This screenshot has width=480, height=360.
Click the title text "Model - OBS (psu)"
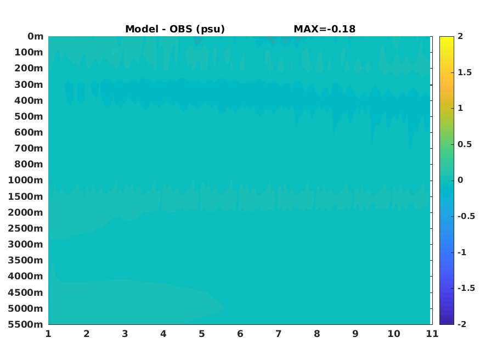pos(175,29)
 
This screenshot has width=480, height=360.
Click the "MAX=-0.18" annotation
pos(325,29)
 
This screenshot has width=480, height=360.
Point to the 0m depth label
pos(36,36)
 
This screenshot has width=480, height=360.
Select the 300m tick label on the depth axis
pos(29,85)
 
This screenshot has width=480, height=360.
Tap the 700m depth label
pos(29,148)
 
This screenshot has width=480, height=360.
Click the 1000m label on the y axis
pos(26,180)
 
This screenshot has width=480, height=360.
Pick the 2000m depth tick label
pos(26,212)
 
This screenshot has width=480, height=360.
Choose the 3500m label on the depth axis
pos(26,260)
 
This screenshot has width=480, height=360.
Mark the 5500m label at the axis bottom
pos(26,324)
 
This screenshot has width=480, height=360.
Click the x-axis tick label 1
pos(48,334)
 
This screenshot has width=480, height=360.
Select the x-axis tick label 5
pos(202,334)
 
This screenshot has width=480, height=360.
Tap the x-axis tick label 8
pos(317,334)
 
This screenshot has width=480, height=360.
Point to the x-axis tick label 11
pos(432,334)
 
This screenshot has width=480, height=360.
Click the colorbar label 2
pos(460,36)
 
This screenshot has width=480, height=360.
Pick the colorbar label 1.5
pos(465,72)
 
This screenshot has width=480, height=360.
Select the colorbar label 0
pos(460,180)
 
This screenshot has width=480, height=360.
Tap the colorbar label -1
pos(462,252)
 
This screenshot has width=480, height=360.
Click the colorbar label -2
pos(462,324)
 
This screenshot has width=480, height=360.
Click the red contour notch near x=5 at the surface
pos(197,40)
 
